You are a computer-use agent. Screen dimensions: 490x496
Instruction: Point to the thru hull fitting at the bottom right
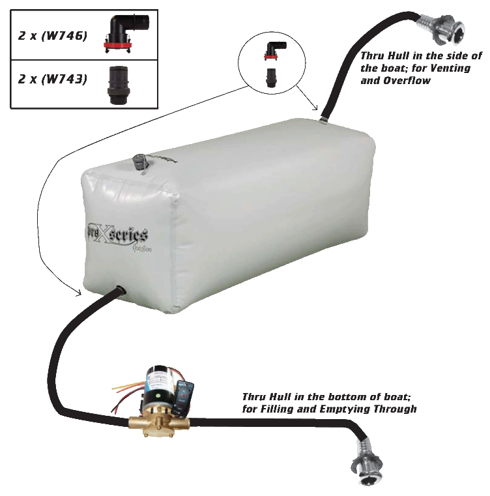[x=368, y=465]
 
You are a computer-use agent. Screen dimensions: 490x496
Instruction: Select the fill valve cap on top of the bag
[x=139, y=161]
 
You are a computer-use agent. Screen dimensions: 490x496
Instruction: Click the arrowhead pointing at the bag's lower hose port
[x=79, y=293]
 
